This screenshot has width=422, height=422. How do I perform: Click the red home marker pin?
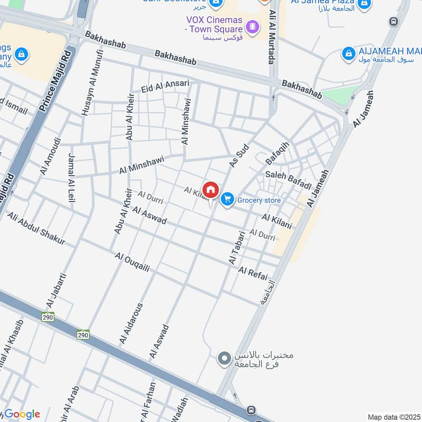(210, 190)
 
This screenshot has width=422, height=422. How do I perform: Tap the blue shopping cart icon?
(227, 199)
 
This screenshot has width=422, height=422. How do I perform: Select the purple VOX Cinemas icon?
(253, 26)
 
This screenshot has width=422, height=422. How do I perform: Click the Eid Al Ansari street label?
(165, 87)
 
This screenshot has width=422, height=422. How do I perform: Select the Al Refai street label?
(253, 274)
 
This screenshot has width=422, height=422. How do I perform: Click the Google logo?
(21, 415)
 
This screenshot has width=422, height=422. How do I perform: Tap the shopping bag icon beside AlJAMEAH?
(348, 53)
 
